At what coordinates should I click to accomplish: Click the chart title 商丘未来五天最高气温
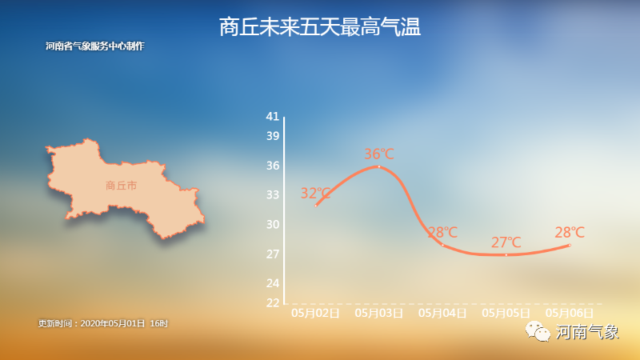pos(319,27)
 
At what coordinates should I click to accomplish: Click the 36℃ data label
pos(379,154)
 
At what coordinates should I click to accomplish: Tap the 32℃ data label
pos(315,193)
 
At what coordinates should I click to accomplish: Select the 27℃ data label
pos(506,242)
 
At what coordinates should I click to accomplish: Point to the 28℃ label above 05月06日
pos(570,232)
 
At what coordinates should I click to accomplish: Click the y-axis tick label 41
pos(273,116)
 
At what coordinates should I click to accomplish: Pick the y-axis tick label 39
pos(273,136)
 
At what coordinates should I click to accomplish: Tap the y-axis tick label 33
pos(273,194)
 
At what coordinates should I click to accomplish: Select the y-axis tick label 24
pos(273,283)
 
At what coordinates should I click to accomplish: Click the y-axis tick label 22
pos(273,303)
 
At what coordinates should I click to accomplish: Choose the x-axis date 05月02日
pos(315,313)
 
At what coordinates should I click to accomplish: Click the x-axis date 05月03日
pos(379,313)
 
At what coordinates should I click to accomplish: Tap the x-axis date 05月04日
pos(442,313)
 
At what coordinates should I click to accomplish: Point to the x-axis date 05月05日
pos(506,313)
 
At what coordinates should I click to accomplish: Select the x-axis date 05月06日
pos(570,313)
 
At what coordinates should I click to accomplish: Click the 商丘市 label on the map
pos(122,186)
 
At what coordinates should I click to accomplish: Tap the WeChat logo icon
pos(538,331)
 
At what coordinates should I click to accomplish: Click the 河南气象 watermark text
pos(587,332)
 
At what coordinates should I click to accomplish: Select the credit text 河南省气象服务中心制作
pos(95,46)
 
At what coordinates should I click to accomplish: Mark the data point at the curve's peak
pos(379,166)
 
